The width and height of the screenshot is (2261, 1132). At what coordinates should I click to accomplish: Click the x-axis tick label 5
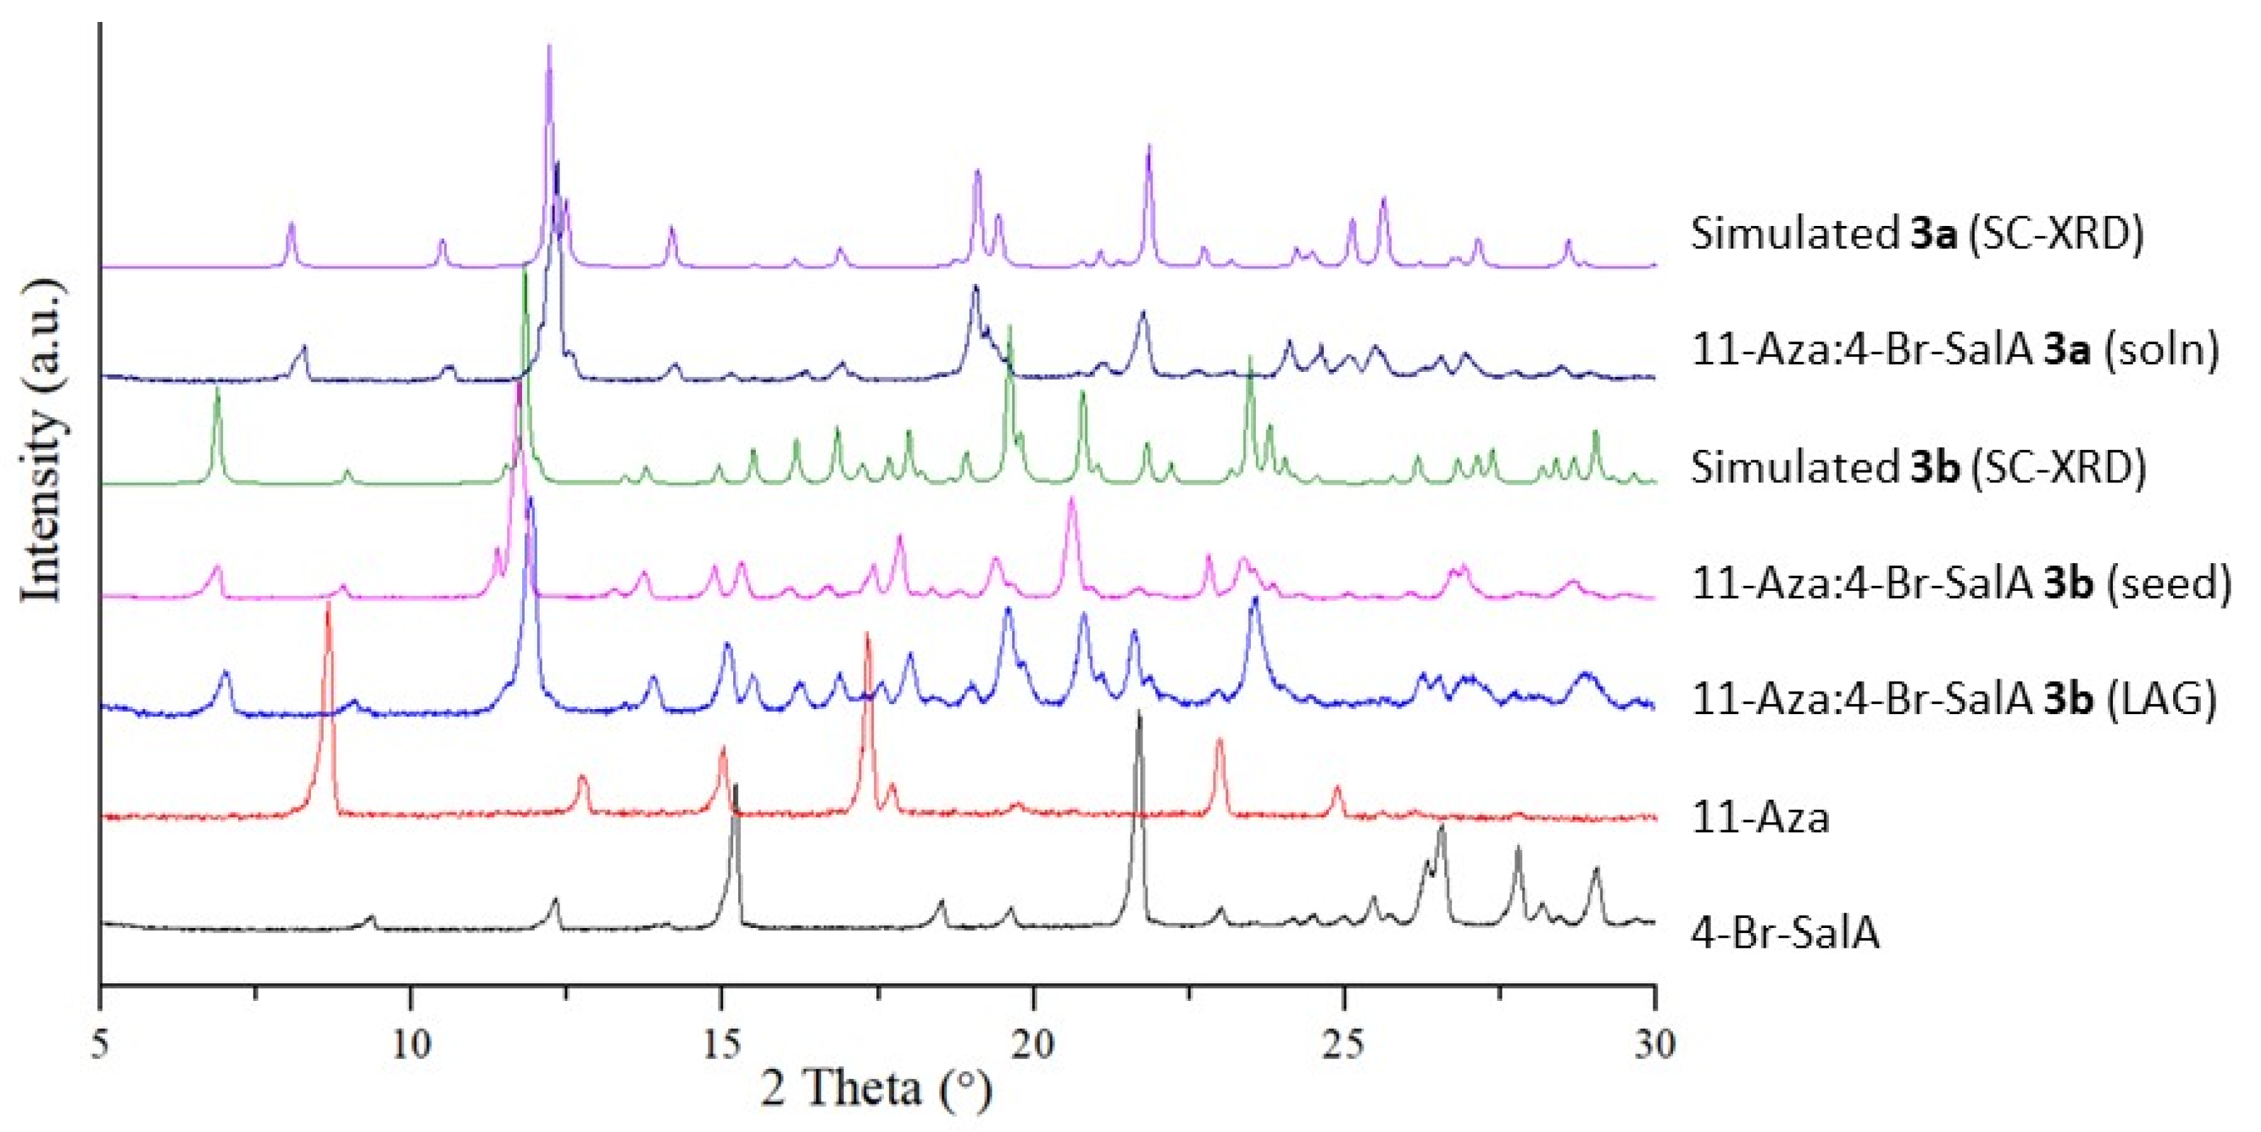[101, 1044]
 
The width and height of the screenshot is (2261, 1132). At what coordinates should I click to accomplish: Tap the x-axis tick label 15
[722, 1044]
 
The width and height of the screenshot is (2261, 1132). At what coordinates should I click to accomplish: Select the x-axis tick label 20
[1033, 1044]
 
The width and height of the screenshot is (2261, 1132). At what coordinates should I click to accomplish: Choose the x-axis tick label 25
[1344, 1044]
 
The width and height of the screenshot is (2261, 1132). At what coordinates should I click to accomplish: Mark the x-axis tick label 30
[1655, 1044]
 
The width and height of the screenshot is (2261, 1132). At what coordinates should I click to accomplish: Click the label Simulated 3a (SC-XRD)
[1917, 234]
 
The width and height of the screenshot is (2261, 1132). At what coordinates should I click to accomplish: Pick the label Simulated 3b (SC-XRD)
[1919, 467]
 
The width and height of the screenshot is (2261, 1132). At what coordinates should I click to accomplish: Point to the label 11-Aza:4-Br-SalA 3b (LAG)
[1954, 699]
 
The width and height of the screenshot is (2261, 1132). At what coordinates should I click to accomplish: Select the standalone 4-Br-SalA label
[1785, 933]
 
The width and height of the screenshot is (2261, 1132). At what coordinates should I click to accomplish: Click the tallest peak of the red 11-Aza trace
[328, 606]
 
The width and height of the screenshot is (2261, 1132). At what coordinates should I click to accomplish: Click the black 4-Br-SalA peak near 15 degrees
[735, 787]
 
